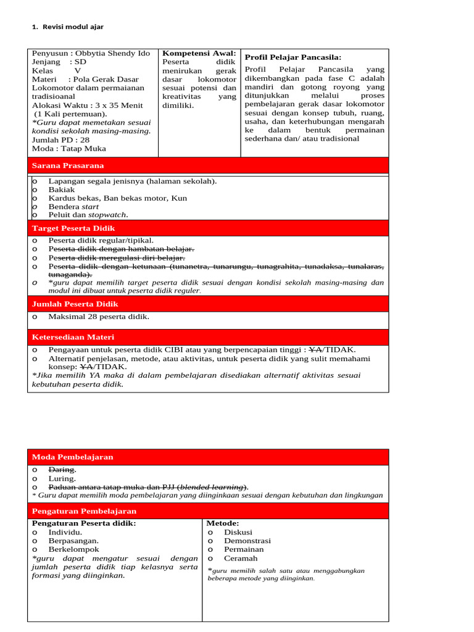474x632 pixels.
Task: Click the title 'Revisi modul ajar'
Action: coord(77,28)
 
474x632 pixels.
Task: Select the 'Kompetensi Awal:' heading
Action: coord(199,54)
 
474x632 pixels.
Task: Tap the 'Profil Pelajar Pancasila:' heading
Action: coord(293,57)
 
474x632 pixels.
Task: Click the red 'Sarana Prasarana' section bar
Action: coord(208,165)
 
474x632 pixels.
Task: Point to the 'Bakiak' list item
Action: coord(62,190)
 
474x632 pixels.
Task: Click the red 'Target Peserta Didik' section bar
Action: coord(208,228)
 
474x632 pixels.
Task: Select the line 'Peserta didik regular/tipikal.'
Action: coord(101,241)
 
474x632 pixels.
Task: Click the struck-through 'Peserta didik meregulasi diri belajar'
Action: coord(117,257)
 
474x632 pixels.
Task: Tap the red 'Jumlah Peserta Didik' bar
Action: coord(208,304)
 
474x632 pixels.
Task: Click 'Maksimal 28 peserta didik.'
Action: coord(99,317)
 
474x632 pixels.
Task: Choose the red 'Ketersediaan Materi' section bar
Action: coord(208,337)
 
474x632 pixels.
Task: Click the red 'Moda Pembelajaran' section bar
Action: coord(208,457)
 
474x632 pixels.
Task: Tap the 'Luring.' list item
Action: coord(62,478)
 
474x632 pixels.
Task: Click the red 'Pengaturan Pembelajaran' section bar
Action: coord(208,511)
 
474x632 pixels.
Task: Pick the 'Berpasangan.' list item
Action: coord(73,541)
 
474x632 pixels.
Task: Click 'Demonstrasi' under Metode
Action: coord(247,541)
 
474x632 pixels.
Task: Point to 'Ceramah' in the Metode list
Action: coord(241,558)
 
